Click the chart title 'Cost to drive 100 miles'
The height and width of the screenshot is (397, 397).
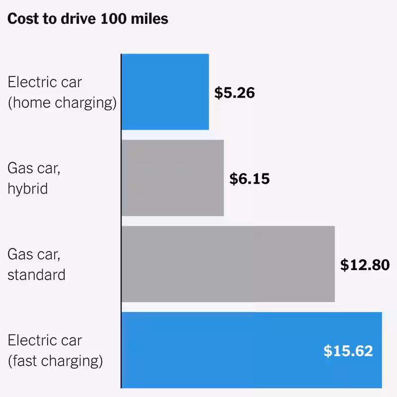(88, 19)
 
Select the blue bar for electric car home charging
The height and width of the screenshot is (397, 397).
(165, 92)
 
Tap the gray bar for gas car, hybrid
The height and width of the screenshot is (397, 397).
(173, 178)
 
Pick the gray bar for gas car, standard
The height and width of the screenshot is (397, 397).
(228, 264)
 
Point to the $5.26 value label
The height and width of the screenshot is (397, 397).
(234, 93)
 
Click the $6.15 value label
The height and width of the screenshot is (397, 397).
(249, 179)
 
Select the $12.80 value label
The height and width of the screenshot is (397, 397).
(365, 265)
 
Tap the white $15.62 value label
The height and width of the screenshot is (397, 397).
(348, 351)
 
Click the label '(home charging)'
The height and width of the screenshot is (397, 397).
(62, 103)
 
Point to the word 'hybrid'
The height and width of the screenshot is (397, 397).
(28, 189)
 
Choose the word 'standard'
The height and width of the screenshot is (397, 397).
(36, 275)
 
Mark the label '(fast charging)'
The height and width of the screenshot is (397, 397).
(56, 361)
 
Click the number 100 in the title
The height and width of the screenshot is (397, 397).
(111, 19)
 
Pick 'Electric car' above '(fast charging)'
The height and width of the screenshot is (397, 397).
(45, 340)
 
